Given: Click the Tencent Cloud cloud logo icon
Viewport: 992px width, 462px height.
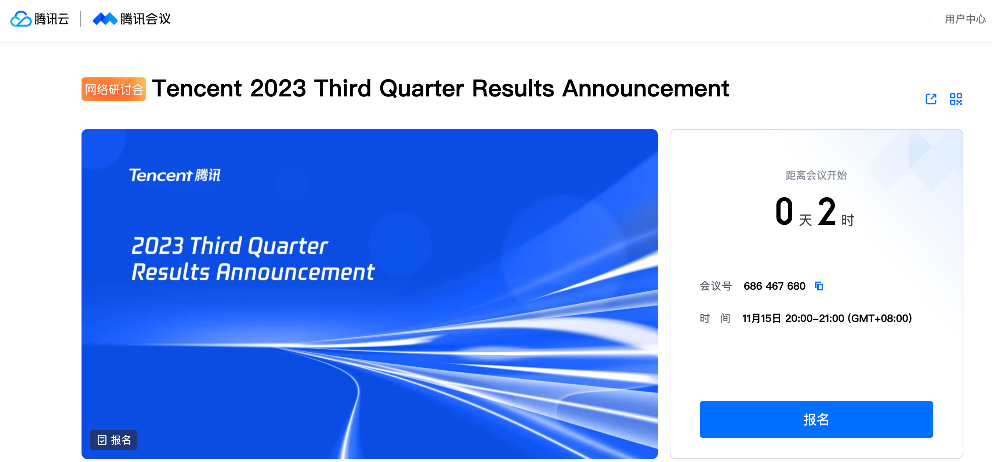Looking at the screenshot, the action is point(21,19).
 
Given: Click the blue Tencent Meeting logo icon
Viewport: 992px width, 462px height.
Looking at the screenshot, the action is point(105,19).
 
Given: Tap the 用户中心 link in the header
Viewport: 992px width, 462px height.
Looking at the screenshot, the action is point(965,19).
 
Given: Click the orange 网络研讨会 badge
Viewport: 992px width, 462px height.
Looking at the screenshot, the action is point(113,89).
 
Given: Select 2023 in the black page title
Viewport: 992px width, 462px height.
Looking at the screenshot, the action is point(278,88).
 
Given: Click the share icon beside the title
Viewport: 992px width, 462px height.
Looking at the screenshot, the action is point(931,99).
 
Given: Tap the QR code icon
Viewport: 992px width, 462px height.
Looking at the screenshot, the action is point(956,99).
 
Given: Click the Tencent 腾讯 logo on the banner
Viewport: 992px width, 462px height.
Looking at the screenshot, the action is point(175,175).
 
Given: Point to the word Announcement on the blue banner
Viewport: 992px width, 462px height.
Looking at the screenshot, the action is point(296,272).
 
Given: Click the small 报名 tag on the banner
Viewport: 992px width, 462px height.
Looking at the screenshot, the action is point(114,440).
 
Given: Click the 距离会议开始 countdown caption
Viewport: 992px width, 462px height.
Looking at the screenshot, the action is point(816,175).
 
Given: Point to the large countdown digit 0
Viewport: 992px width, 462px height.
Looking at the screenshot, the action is point(784,211).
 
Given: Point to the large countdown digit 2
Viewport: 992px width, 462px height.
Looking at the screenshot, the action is point(826,211).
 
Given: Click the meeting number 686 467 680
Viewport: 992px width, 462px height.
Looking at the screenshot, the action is point(774,286).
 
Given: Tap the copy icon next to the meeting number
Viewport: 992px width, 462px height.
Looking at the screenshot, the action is point(819,286).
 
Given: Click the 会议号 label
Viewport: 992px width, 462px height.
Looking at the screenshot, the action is point(716,286).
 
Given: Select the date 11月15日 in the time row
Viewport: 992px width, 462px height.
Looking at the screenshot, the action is point(762,319).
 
